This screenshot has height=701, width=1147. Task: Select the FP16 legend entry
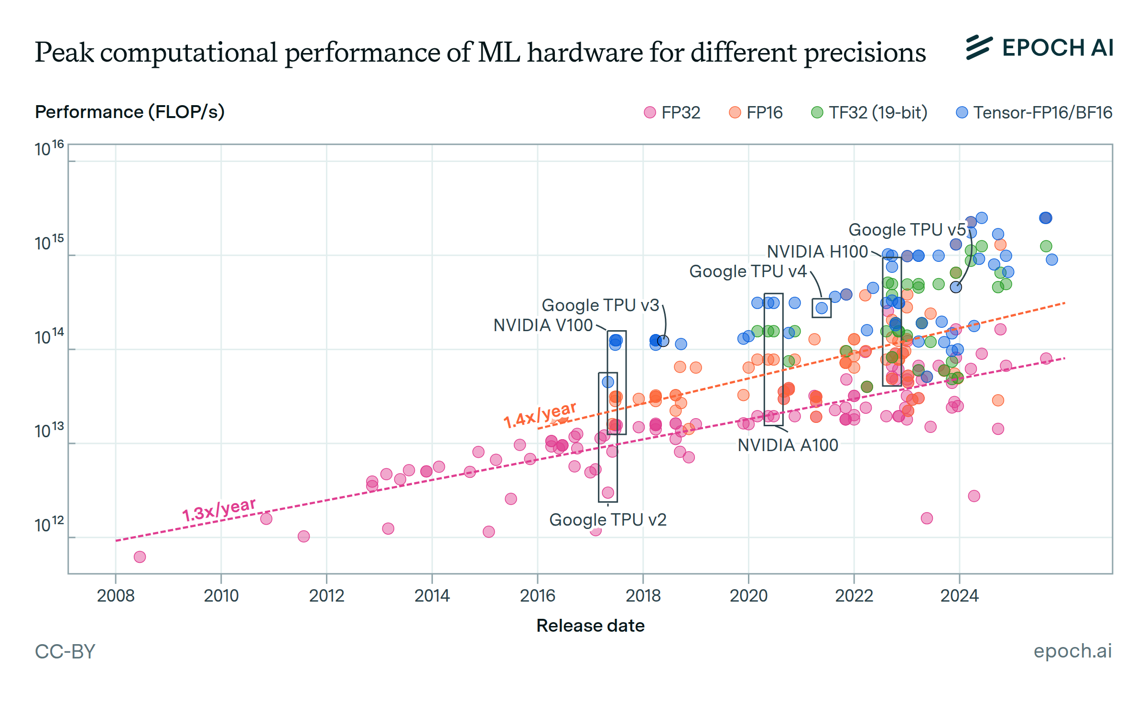(757, 113)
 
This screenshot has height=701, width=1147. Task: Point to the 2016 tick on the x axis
(538, 596)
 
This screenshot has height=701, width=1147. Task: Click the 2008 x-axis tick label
(116, 596)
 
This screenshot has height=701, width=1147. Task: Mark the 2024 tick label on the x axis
(959, 596)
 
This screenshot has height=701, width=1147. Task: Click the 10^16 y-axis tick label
(49, 149)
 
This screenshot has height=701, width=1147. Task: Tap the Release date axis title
(590, 626)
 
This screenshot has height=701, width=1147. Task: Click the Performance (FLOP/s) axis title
(130, 112)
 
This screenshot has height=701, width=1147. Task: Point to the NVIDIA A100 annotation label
(788, 445)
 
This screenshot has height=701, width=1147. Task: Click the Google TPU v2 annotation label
(607, 520)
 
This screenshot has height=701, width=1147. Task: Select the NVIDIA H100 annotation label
(817, 252)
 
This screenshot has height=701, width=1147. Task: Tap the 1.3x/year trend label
(219, 509)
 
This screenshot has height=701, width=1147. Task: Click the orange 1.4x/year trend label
(540, 414)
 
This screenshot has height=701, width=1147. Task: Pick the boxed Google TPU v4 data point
(822, 308)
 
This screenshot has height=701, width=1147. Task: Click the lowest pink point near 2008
(140, 557)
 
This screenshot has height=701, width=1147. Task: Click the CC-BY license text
(65, 652)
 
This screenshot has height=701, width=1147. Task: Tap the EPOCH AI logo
(1039, 48)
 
